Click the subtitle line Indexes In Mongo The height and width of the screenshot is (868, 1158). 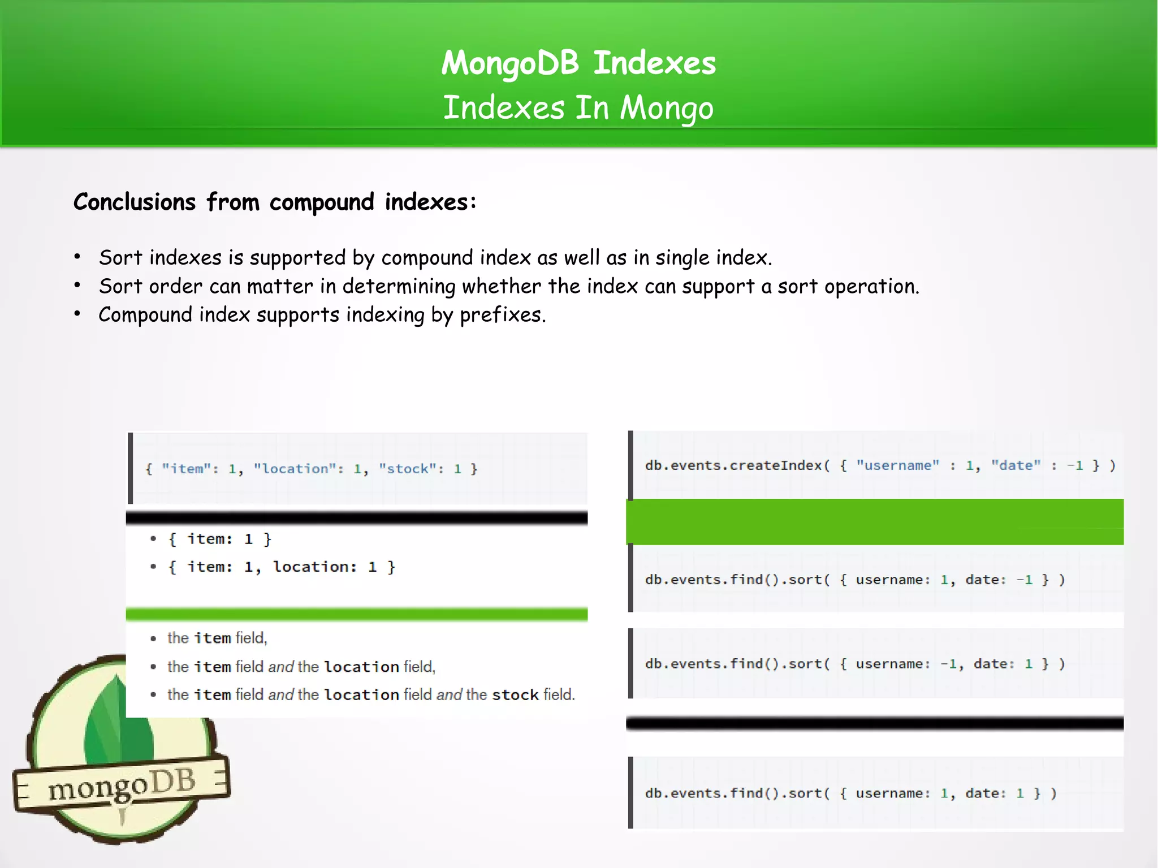(x=578, y=107)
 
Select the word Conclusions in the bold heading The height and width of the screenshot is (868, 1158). (x=135, y=202)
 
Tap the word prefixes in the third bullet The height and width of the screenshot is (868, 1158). (x=502, y=314)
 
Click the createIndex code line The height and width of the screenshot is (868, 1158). (x=880, y=465)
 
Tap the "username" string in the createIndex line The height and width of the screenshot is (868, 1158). (x=897, y=465)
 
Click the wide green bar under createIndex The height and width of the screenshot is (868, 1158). (x=875, y=521)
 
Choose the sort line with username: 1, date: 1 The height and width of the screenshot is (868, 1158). (x=850, y=793)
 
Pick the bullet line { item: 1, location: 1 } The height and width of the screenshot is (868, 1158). (x=281, y=567)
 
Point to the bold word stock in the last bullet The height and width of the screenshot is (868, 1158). (x=515, y=694)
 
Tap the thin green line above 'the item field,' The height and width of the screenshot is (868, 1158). (x=356, y=614)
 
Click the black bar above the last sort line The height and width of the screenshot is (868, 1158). (x=875, y=723)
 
